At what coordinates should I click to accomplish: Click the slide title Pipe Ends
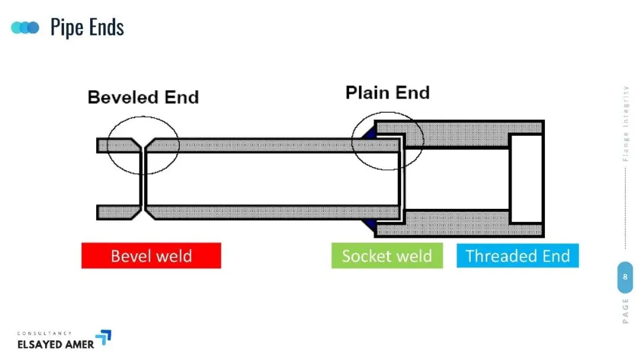pyautogui.click(x=87, y=27)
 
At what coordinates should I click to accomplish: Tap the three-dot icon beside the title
pyautogui.click(x=25, y=28)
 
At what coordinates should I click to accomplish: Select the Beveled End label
pyautogui.click(x=143, y=97)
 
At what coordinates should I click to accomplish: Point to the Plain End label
pyautogui.click(x=388, y=93)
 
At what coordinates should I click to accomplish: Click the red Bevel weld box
pyautogui.click(x=151, y=256)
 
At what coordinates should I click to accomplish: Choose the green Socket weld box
pyautogui.click(x=387, y=256)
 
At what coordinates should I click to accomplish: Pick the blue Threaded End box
pyautogui.click(x=518, y=256)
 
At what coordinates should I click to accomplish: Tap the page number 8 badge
pyautogui.click(x=625, y=277)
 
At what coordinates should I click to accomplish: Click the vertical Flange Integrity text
pyautogui.click(x=626, y=123)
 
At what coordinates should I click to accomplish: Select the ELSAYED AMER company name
pyautogui.click(x=56, y=345)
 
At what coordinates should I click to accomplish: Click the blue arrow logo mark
pyautogui.click(x=104, y=337)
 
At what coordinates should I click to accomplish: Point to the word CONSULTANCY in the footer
pyautogui.click(x=45, y=333)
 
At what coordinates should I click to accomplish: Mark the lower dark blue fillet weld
pyautogui.click(x=370, y=225)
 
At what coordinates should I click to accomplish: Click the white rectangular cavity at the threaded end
pyautogui.click(x=526, y=179)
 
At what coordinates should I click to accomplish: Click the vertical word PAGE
pyautogui.click(x=626, y=311)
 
